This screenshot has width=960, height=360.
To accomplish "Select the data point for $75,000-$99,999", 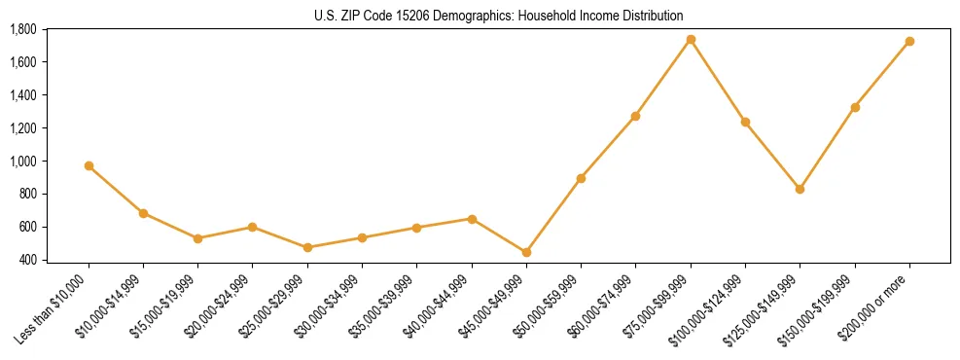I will pos(691,40).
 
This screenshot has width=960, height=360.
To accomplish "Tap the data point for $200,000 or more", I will pos(909,42).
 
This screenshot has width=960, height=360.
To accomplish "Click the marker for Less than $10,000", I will pos(89,166).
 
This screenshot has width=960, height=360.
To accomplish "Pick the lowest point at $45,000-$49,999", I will pos(526,252).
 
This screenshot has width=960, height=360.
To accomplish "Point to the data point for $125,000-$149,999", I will pos(800,190).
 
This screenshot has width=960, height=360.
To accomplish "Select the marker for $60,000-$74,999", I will pos(635,117).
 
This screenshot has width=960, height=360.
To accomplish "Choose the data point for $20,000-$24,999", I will pos(252,227).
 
